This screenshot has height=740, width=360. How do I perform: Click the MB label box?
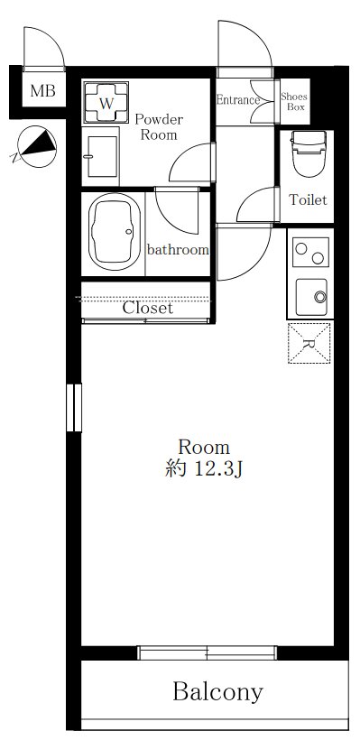(40, 90)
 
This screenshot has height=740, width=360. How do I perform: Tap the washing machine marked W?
(106, 103)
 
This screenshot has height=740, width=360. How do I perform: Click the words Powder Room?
(159, 127)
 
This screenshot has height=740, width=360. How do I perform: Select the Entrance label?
(238, 100)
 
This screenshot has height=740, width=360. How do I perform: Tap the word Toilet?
(308, 200)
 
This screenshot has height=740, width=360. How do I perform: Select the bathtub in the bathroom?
(115, 233)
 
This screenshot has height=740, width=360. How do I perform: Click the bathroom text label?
(178, 249)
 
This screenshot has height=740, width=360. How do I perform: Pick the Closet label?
(147, 307)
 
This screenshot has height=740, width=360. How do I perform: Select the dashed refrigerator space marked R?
(309, 342)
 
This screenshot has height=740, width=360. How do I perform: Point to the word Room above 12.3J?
(203, 447)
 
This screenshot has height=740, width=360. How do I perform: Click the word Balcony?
(218, 692)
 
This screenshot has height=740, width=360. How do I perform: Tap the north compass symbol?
(33, 147)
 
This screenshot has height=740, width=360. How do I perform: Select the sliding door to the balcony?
(207, 652)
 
